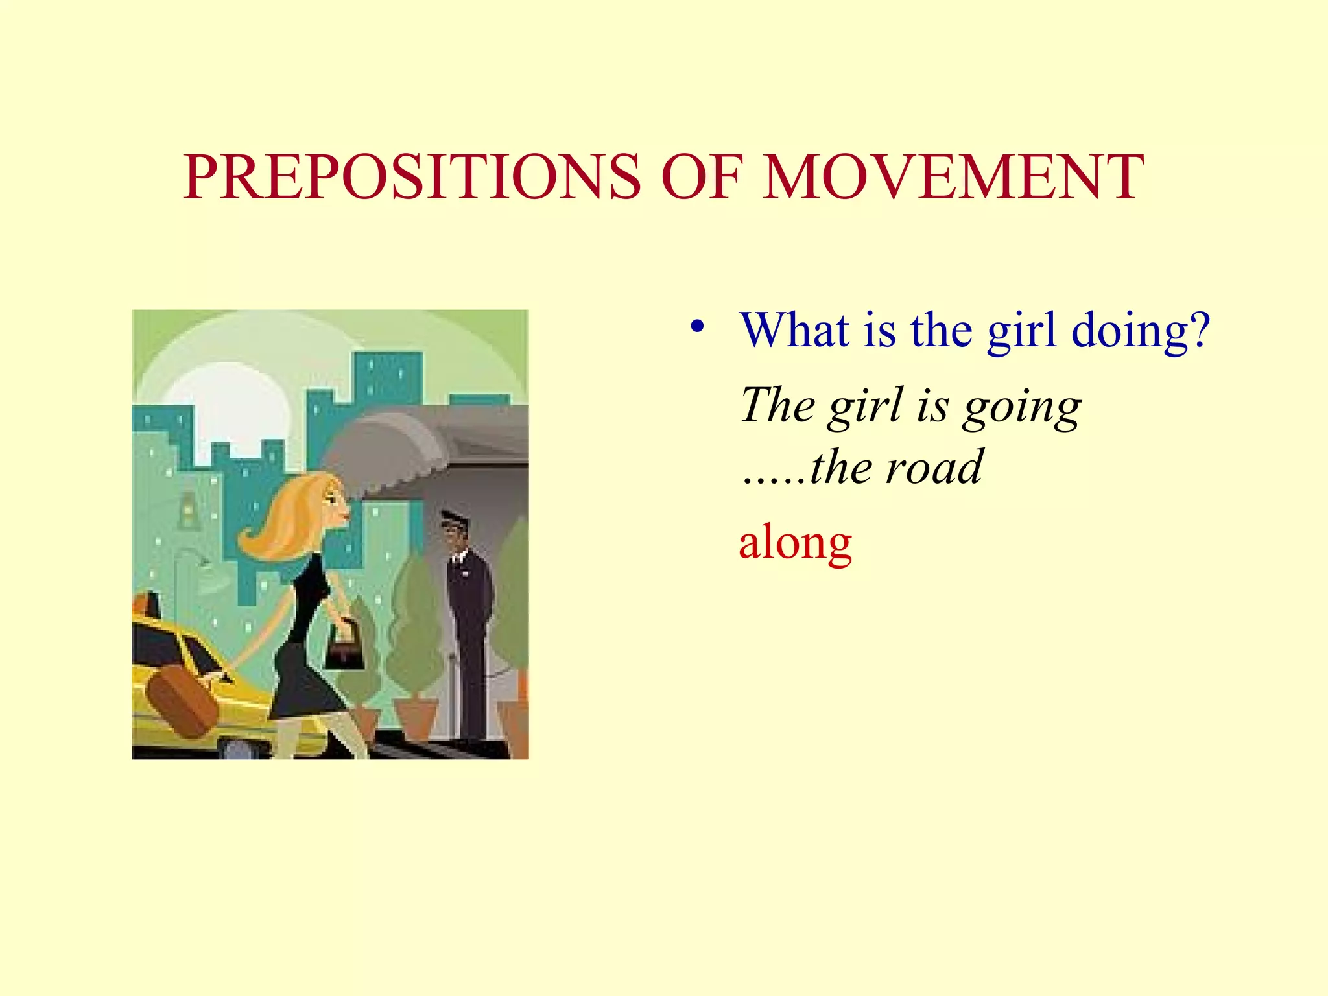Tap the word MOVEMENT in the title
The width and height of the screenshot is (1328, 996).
pyautogui.click(x=953, y=176)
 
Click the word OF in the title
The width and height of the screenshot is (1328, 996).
pyautogui.click(x=701, y=176)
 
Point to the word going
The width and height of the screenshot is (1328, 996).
pyautogui.click(x=1022, y=407)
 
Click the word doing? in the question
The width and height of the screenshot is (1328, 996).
pyautogui.click(x=1141, y=331)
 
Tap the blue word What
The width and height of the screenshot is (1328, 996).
pyautogui.click(x=795, y=331)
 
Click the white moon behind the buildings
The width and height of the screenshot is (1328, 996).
pyautogui.click(x=227, y=409)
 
